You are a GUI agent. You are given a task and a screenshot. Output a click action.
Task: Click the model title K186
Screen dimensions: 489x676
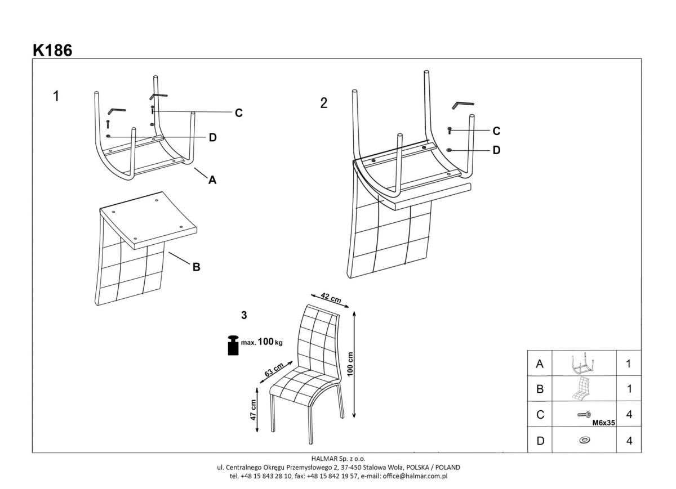(52, 50)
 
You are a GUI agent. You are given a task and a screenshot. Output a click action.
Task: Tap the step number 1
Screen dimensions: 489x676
(56, 96)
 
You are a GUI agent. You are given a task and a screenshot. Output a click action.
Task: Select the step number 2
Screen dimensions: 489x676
(323, 103)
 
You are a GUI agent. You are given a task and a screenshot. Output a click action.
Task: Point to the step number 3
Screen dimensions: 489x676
(244, 316)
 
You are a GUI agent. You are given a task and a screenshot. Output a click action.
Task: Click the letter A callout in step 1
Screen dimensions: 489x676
(212, 180)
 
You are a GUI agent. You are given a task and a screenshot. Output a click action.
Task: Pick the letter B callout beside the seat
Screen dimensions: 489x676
(196, 267)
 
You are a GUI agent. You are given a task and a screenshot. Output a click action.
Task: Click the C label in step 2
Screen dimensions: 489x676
(496, 131)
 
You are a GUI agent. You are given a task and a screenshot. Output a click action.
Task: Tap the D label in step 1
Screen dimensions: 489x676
(212, 137)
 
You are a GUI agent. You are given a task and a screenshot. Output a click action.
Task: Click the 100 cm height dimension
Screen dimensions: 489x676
(350, 365)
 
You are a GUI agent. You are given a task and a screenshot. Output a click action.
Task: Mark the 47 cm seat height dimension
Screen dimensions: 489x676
(253, 409)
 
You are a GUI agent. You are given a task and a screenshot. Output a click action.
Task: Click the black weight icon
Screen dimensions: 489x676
(232, 345)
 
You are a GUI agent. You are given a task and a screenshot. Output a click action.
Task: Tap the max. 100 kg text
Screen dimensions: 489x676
(262, 342)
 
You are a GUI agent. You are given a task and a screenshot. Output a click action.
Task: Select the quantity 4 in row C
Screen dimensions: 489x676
(629, 415)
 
